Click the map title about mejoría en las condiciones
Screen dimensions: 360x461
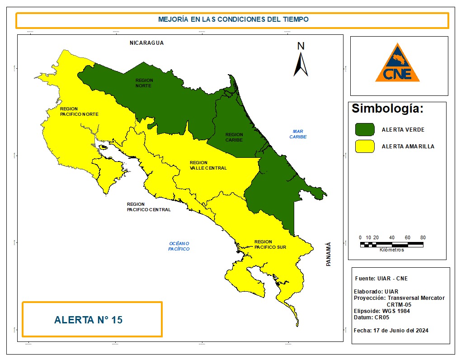coord(233,20)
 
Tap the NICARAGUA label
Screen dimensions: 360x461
coord(146,43)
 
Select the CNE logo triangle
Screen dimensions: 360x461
coord(397,64)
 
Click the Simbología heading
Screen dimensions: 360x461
coord(387,109)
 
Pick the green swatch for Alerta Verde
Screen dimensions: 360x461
coord(365,129)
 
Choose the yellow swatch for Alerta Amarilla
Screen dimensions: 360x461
coord(365,147)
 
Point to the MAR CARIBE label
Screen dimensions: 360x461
coord(298,134)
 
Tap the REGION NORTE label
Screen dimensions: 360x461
coord(144,83)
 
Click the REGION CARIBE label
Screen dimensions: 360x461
coord(234,137)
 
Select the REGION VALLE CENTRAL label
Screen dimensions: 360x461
coord(208,165)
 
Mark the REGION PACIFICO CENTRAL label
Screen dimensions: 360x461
coord(149,207)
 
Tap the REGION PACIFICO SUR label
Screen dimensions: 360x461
coord(270,244)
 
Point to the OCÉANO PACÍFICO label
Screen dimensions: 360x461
coord(179,246)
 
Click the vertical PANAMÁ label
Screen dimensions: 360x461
coord(329,254)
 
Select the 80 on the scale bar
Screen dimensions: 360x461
coord(423,237)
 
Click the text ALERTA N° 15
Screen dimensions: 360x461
coord(88,320)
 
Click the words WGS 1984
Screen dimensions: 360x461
coord(396,311)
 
